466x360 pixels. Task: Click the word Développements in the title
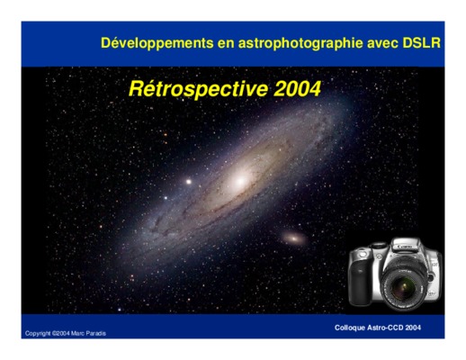tap(157, 43)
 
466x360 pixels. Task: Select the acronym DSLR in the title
tap(421, 43)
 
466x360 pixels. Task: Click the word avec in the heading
tap(382, 44)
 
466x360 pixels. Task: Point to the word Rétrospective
tap(198, 89)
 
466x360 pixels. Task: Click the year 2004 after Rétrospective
tap(297, 88)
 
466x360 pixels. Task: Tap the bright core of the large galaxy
tap(240, 181)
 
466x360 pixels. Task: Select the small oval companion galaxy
tap(294, 238)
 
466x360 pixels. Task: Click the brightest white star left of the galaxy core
tap(189, 182)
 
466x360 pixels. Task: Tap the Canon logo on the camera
tap(404, 247)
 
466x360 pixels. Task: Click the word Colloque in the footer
tap(348, 328)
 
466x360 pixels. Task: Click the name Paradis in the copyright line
tap(95, 333)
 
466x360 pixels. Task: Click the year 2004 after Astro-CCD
tap(413, 328)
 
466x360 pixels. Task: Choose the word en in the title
tap(226, 44)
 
